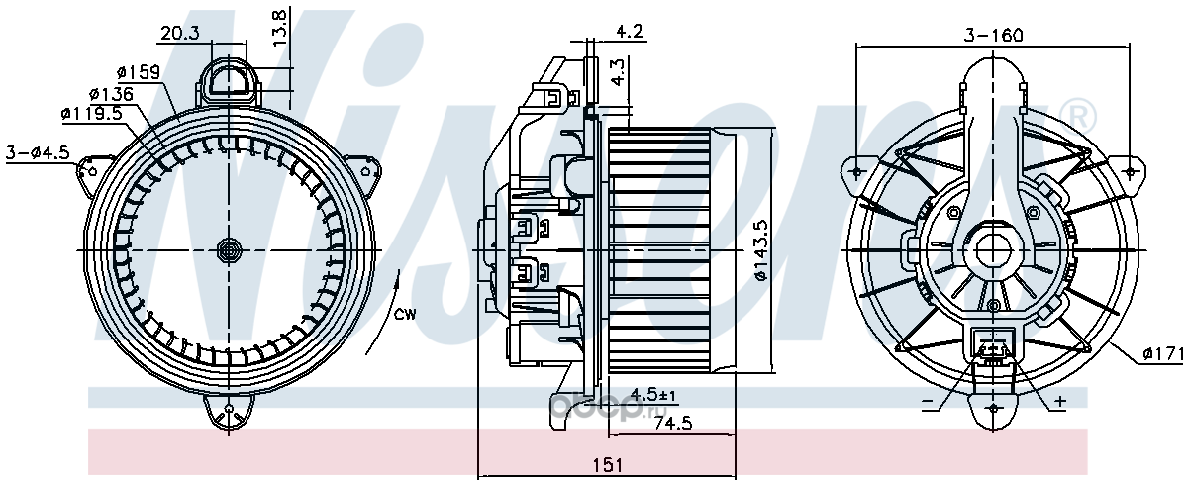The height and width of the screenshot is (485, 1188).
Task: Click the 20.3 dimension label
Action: click(x=180, y=33)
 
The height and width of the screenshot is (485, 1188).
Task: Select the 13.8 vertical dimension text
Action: click(x=279, y=28)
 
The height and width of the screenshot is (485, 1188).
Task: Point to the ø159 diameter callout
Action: click(x=139, y=71)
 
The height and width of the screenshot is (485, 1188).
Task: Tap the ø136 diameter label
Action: click(x=111, y=94)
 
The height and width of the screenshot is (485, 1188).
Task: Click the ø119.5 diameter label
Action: click(x=91, y=113)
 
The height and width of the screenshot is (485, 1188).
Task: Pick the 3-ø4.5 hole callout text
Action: click(x=38, y=152)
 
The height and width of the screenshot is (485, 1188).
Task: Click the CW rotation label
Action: click(x=405, y=315)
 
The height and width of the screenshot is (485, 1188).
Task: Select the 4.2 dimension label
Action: click(x=630, y=31)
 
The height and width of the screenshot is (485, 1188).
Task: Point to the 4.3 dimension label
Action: click(x=620, y=72)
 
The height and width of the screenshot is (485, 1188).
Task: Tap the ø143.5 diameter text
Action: click(x=760, y=250)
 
